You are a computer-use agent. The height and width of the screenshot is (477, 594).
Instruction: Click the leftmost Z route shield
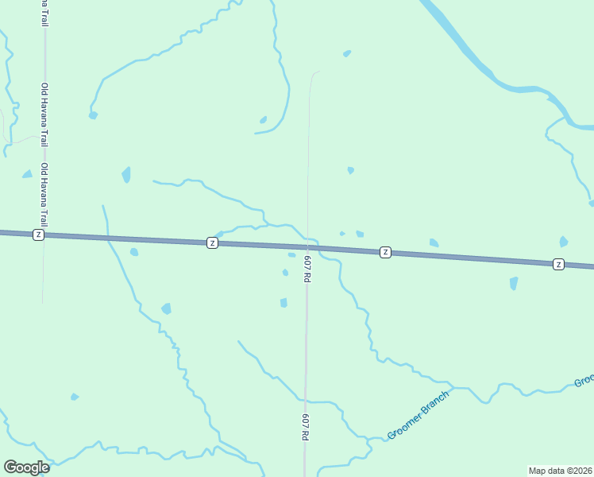38,235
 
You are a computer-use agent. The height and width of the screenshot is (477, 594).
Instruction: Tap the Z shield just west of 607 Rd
212,242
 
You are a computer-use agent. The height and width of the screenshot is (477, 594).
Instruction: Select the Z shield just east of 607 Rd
385,252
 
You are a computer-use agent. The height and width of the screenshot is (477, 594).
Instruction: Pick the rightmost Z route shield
558,264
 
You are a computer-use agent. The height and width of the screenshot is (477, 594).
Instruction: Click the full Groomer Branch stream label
418,414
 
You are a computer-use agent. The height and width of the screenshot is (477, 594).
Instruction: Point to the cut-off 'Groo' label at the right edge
584,381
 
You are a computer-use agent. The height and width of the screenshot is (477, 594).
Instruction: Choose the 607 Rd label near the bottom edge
304,427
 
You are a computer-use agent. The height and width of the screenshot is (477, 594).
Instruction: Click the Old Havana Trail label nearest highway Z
45,196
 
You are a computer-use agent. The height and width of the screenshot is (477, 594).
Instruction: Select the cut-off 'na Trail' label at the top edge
44,13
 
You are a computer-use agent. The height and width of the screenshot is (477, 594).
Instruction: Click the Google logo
26,467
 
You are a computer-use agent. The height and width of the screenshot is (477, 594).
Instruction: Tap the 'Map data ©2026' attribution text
561,470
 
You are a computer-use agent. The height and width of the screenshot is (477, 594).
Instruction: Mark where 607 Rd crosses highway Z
307,247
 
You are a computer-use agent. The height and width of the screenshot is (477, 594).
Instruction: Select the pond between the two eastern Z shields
434,242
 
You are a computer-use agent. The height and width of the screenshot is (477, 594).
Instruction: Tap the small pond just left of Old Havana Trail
28,174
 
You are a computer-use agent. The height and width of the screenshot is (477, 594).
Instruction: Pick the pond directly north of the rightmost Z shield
563,242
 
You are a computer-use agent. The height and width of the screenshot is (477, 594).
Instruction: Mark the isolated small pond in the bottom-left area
75,397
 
